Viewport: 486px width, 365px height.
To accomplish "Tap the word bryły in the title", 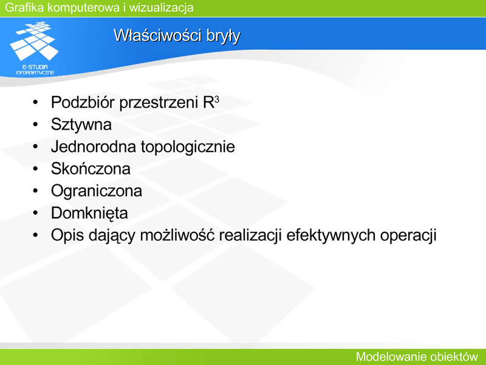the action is point(224,36).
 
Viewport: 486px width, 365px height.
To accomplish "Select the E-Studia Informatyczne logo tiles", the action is point(34,41).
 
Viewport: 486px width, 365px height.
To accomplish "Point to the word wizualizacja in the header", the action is point(161,7).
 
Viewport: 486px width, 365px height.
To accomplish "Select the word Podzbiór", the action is point(83,102).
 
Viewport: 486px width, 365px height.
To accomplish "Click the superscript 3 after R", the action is point(217,99).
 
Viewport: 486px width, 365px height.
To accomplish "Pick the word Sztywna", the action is point(81,125).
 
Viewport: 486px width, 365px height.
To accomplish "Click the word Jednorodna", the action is point(94,147).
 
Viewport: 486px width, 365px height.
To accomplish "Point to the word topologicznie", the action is point(188,147).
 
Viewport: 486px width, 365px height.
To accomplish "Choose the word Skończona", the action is point(91,169).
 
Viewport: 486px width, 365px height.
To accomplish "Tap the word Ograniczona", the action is point(97,191).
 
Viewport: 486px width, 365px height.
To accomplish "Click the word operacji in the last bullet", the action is point(408,235).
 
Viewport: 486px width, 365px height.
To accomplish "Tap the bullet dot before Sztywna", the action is point(35,125).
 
